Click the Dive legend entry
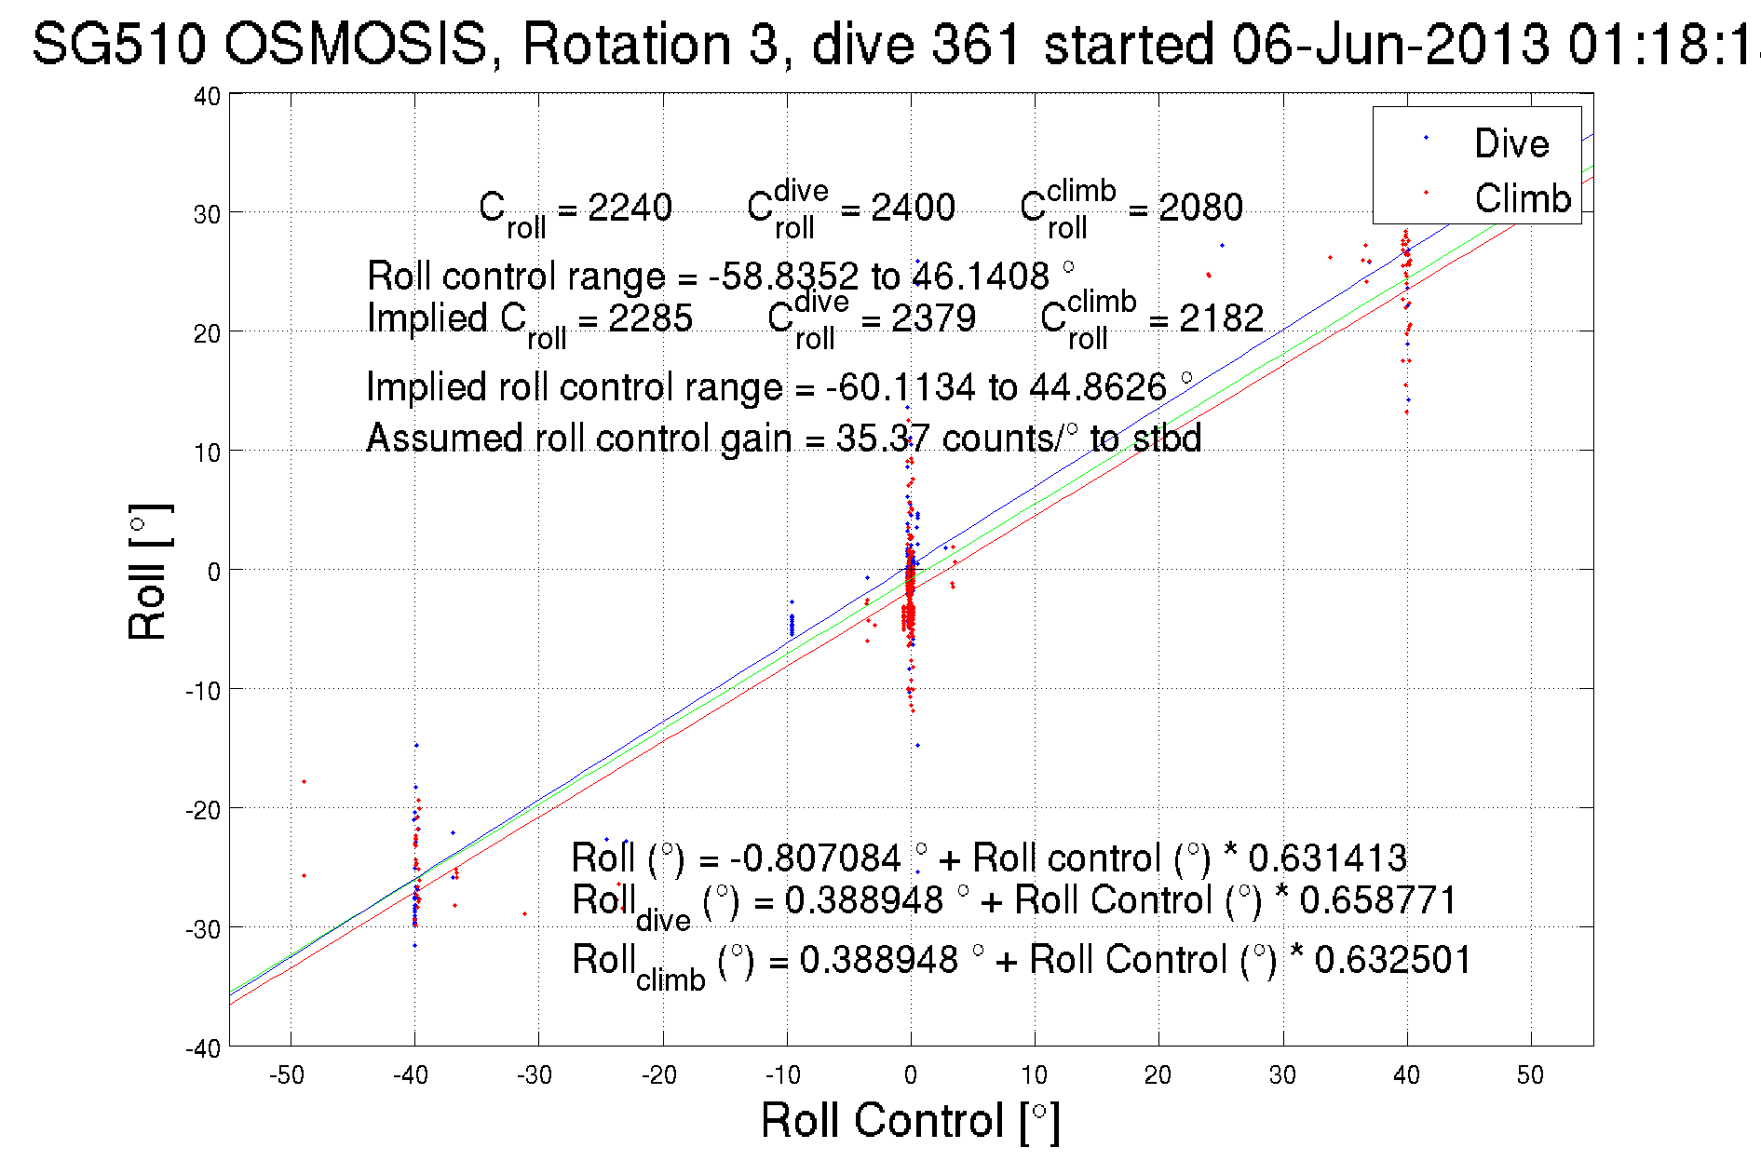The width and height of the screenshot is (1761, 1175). (x=1510, y=143)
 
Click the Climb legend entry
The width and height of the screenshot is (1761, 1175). (x=1522, y=198)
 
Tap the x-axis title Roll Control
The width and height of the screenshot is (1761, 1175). (x=909, y=1120)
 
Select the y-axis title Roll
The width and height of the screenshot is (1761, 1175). (x=148, y=572)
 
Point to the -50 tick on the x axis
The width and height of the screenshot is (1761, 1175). (x=287, y=1075)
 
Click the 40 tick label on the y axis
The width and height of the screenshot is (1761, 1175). (x=207, y=96)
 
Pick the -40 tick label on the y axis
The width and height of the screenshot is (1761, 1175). (x=203, y=1048)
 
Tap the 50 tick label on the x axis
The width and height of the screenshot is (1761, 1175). (x=1530, y=1075)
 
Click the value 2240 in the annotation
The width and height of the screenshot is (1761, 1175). (x=630, y=208)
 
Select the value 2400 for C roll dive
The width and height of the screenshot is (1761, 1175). (x=913, y=208)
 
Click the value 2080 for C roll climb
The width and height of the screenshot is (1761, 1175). (x=1200, y=208)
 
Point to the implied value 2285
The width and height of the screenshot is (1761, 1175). (x=650, y=318)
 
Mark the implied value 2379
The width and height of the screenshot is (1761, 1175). (x=933, y=318)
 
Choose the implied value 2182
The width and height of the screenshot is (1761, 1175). (x=1221, y=318)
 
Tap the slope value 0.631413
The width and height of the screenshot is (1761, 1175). (x=1327, y=858)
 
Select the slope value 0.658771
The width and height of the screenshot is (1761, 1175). (x=1378, y=900)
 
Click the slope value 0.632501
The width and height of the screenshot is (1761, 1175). (x=1393, y=960)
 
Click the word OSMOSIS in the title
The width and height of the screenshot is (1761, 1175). (x=356, y=45)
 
